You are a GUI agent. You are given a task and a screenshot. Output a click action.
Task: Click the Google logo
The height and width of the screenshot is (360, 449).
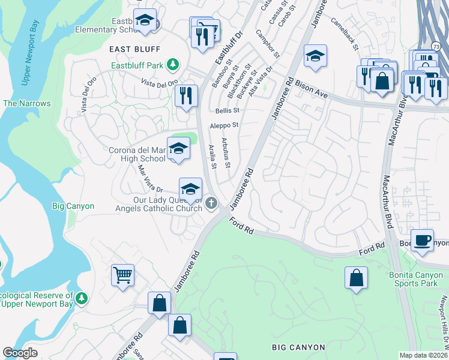tap(20, 353)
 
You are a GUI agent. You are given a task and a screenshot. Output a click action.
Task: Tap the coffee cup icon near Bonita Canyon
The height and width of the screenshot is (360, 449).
tap(422, 239)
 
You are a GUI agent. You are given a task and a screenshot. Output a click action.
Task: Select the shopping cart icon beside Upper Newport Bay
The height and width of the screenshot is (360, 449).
tap(123, 275)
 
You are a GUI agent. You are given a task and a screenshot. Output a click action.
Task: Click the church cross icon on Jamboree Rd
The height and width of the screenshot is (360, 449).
tap(211, 203)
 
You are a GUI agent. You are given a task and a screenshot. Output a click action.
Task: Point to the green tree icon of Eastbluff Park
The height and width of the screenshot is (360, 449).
tap(173, 64)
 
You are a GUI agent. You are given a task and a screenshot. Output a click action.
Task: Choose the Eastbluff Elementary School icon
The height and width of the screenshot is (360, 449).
tap(144, 21)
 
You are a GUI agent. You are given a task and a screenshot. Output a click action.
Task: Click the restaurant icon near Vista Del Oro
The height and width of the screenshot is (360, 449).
tap(186, 95)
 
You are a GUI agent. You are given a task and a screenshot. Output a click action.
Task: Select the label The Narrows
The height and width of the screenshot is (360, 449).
tap(27, 104)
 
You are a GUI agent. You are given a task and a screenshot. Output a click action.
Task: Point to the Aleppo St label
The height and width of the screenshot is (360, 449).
tap(224, 125)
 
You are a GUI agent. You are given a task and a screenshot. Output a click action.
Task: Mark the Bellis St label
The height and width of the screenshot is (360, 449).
tap(228, 111)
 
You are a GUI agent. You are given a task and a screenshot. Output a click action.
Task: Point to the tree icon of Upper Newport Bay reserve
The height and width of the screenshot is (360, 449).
tap(82, 298)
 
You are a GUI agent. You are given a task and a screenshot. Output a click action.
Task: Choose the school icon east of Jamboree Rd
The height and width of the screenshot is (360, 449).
tap(315, 56)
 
